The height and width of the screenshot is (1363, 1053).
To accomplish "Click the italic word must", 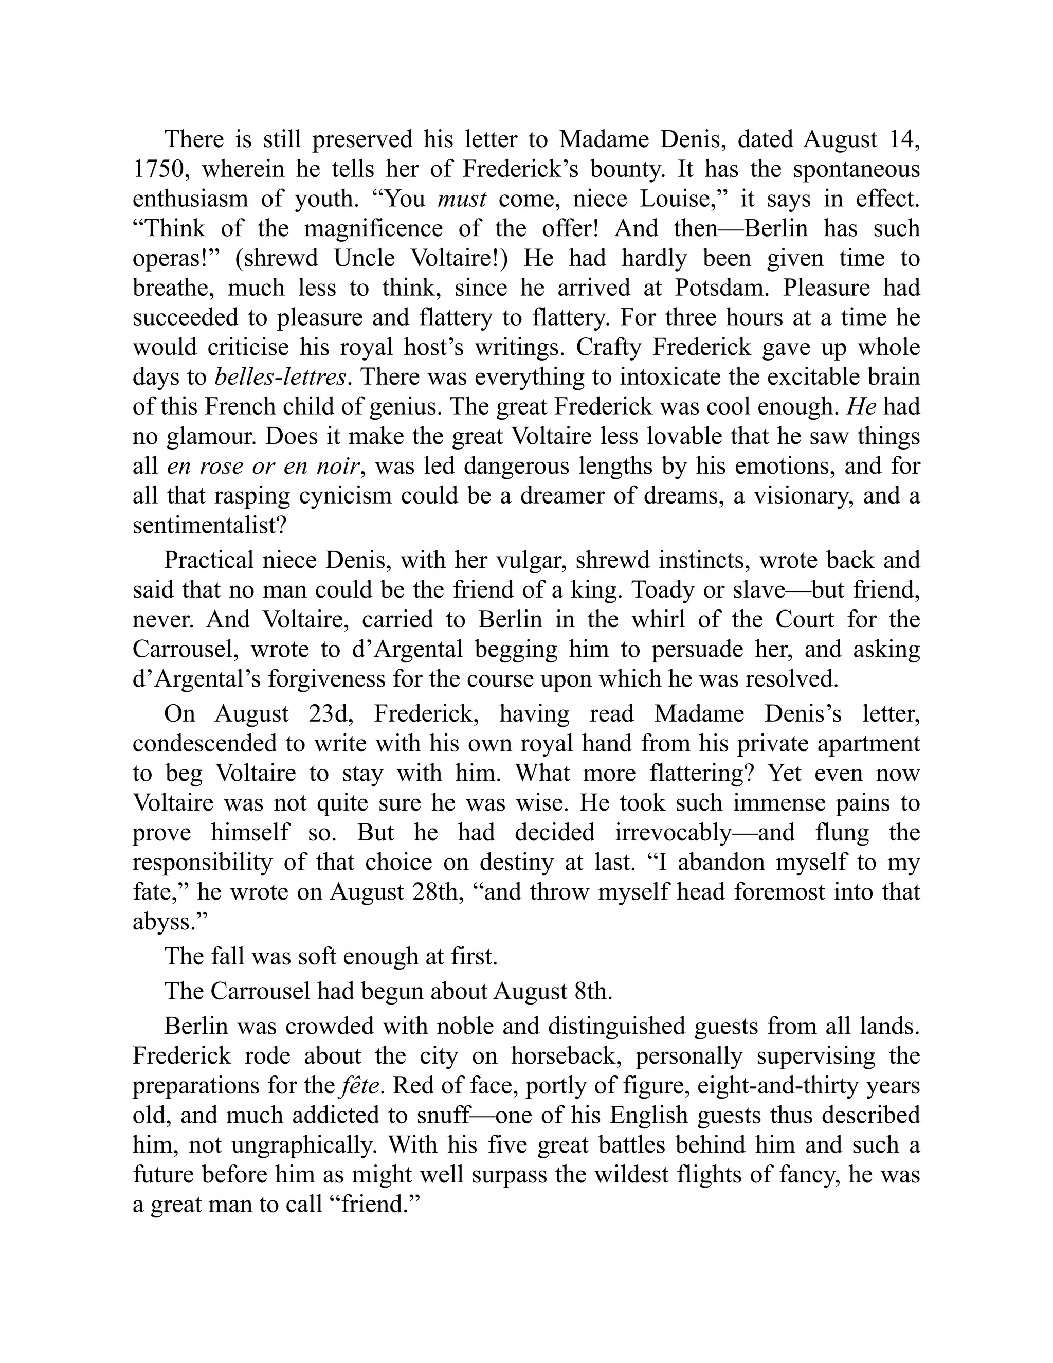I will coord(462,199).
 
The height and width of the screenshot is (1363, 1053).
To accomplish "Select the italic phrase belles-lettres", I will coord(280,378).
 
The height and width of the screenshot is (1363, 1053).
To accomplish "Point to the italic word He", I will coord(862,407).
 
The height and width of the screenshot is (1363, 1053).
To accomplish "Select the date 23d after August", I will coord(331,714).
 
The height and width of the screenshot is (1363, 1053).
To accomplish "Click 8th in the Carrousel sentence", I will coord(591,992).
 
